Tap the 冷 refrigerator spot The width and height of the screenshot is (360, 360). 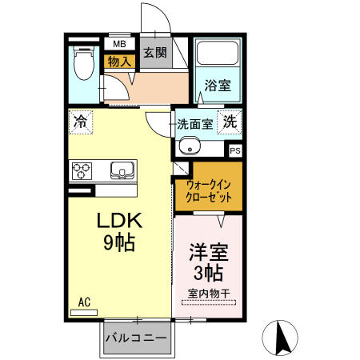coord(81,122)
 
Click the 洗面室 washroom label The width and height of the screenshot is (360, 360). coord(195,124)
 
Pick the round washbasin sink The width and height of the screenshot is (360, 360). coord(190,147)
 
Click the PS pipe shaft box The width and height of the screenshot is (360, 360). coord(235,149)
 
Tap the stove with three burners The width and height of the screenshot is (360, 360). coord(83,170)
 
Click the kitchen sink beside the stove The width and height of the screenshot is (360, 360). coord(122,170)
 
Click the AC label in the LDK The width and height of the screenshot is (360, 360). coord(84,302)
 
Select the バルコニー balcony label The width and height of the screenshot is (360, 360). coord(137,338)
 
